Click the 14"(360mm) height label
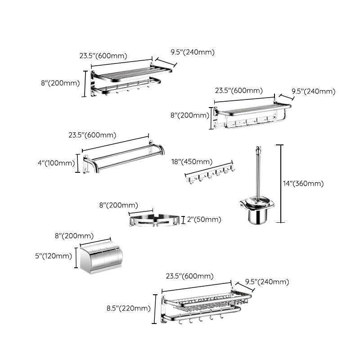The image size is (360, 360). coord(303,184)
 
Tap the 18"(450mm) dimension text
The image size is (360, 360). coord(192,162)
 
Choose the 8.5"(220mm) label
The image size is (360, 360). coord(128,308)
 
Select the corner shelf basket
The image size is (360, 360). coord(155,220)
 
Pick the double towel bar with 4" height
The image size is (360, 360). coord(124,157)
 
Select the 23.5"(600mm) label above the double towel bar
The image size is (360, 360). coord(92,135)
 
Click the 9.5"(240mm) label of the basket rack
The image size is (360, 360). coord(267,282)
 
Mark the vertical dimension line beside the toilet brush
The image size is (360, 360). coord(282,184)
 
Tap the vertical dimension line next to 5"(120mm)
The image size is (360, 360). coord(75,257)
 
